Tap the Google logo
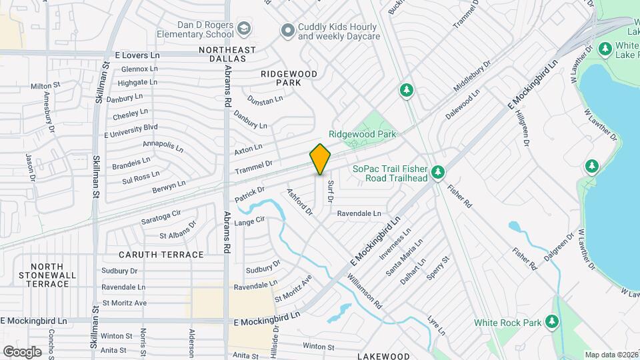22,351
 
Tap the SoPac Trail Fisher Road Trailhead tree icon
437,173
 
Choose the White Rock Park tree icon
551,323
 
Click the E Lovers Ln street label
138,55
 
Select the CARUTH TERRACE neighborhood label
161,255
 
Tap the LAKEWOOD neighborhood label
383,356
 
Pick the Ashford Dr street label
299,202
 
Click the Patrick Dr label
250,195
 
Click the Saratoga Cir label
161,217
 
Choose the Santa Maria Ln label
405,261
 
